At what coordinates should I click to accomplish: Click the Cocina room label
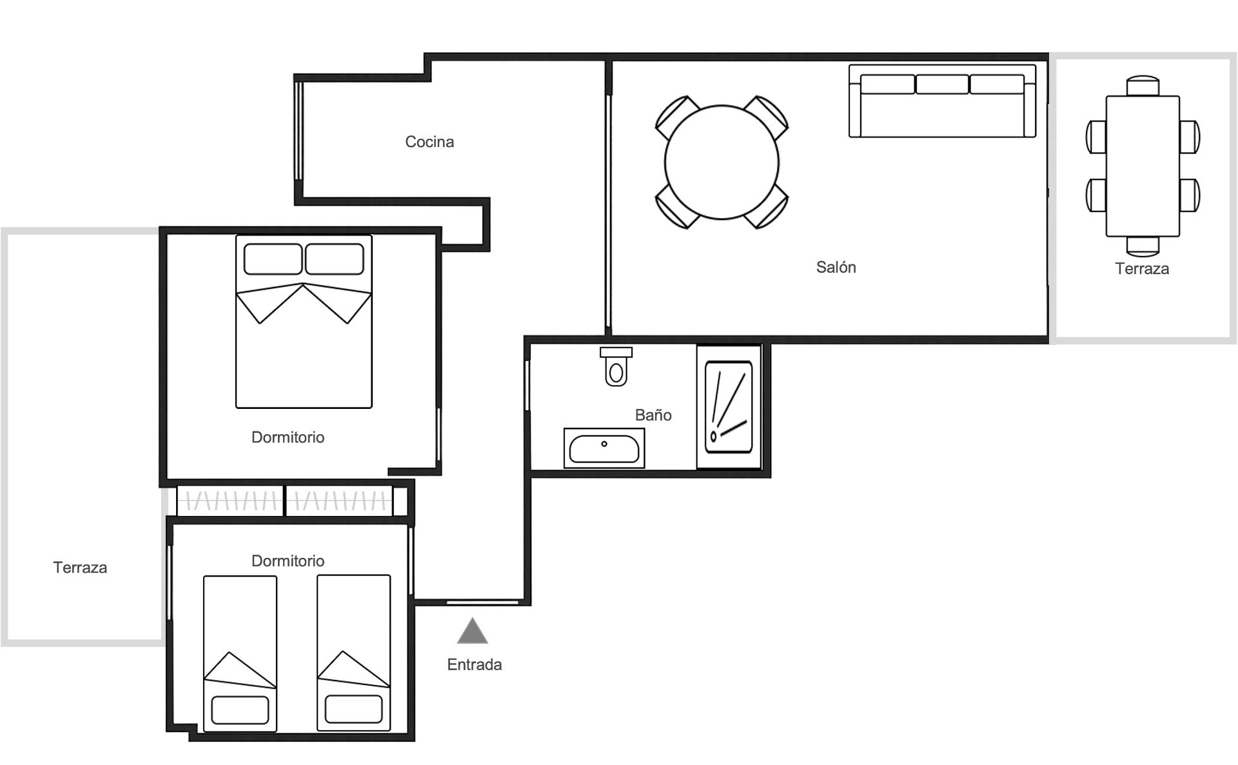[x=429, y=142]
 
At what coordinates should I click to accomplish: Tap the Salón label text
[x=836, y=267]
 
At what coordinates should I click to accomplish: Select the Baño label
[x=653, y=415]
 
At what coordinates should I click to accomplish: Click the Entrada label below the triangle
[x=475, y=664]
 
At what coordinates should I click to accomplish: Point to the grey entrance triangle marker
[x=473, y=632]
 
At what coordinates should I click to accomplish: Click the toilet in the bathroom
[x=616, y=366]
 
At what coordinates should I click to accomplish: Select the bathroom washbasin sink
[x=604, y=448]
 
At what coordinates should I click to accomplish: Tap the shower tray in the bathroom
[x=729, y=407]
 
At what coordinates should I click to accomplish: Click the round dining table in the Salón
[x=722, y=162]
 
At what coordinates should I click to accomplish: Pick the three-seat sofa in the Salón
[x=942, y=101]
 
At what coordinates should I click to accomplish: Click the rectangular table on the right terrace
[x=1143, y=166]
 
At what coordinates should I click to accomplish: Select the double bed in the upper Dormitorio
[x=304, y=321]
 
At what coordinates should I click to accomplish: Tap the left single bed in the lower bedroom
[x=240, y=653]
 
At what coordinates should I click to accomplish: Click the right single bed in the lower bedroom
[x=353, y=653]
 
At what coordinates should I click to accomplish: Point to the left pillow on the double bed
[x=273, y=259]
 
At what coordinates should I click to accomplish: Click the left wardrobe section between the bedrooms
[x=230, y=501]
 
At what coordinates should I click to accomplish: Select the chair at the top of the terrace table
[x=1143, y=86]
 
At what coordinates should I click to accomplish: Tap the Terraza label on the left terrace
[x=80, y=568]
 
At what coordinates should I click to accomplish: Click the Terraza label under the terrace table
[x=1142, y=269]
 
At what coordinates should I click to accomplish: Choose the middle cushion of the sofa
[x=942, y=84]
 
